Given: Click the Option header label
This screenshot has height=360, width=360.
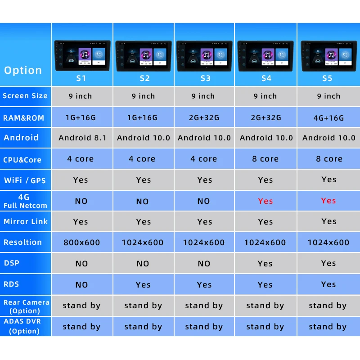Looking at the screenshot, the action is [23, 70].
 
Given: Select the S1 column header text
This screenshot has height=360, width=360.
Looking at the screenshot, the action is [81, 78].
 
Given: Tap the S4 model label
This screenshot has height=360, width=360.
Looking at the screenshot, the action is [266, 78].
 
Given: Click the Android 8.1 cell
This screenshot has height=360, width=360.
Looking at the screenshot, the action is [82, 138].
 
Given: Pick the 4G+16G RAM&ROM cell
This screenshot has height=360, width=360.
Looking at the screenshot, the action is [328, 118].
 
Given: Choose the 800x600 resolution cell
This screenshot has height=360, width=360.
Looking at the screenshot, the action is [82, 243].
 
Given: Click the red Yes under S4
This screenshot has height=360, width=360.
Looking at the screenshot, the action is [265, 201].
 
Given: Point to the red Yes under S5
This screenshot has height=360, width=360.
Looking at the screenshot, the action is [328, 201].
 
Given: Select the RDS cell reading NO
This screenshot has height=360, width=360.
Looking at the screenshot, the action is [82, 285].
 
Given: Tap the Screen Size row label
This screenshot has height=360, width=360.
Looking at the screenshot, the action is [25, 96].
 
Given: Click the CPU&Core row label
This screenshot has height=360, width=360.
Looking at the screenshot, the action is [22, 160].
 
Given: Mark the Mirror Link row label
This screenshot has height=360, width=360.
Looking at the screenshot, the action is [26, 221].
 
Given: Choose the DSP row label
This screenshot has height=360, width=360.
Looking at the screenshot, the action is [12, 263].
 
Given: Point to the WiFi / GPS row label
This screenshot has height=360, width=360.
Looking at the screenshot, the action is [25, 180].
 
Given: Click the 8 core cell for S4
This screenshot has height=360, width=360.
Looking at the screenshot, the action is [265, 159].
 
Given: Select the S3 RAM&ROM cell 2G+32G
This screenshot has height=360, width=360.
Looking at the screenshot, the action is [204, 117].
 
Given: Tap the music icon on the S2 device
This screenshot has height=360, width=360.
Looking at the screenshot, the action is [146, 54].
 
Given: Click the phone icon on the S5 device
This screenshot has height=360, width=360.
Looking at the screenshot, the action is [345, 54].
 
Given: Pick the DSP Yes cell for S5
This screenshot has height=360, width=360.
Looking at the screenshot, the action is [328, 263].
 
